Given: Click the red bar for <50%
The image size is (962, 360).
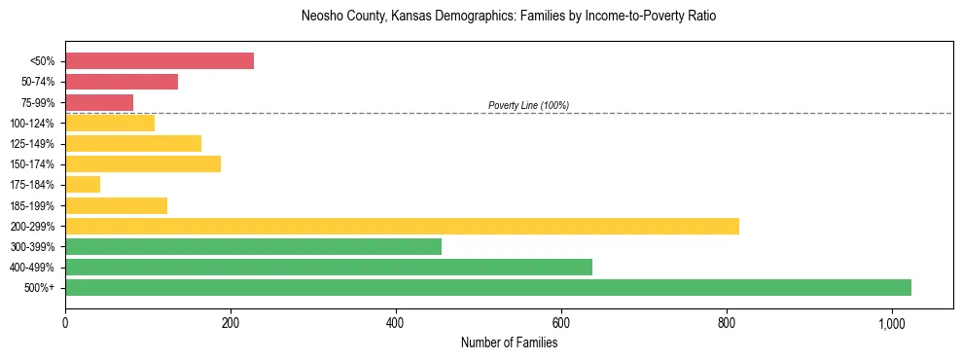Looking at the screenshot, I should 160,61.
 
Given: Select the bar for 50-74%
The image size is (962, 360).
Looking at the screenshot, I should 122,82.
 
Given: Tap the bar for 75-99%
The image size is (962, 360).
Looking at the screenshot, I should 99,102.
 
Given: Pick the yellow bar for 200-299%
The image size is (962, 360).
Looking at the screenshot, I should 402,226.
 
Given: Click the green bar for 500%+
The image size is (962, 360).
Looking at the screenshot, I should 488,287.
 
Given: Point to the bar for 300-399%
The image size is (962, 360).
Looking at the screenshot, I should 253,246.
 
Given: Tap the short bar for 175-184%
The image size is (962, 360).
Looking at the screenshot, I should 83,185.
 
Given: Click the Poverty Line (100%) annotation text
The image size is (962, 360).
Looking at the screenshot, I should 528,105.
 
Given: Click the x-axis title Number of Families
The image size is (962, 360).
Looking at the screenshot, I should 509,342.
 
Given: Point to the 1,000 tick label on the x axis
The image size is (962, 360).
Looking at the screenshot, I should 891,323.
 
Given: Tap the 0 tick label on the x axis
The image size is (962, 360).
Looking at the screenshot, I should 65,323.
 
